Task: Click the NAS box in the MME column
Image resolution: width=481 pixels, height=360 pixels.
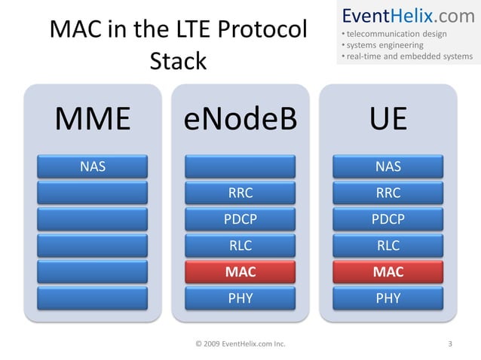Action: click(93, 166)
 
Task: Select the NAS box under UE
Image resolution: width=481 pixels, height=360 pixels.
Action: click(388, 166)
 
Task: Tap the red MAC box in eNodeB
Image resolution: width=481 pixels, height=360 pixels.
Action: click(240, 272)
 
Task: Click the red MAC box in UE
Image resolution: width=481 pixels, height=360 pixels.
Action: click(388, 272)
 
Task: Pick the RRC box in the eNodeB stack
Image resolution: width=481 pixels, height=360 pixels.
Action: click(240, 193)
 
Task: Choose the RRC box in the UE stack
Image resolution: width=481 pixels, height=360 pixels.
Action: click(388, 193)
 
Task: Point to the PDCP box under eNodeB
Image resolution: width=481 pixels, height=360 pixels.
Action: click(240, 219)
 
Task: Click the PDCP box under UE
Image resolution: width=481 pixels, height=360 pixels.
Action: click(388, 219)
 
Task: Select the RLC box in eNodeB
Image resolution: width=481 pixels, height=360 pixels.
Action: click(240, 246)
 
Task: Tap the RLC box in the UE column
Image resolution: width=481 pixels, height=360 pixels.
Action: click(388, 246)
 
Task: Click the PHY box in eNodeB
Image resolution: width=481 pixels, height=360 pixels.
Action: click(240, 298)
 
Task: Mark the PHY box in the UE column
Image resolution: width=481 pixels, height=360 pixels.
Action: click(388, 298)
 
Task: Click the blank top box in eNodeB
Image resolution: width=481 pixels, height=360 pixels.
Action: click(240, 166)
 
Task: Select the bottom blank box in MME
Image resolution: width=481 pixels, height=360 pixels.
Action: click(93, 298)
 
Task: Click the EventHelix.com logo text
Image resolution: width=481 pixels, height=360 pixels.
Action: click(408, 15)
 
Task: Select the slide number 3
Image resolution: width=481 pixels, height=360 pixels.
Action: click(450, 345)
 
